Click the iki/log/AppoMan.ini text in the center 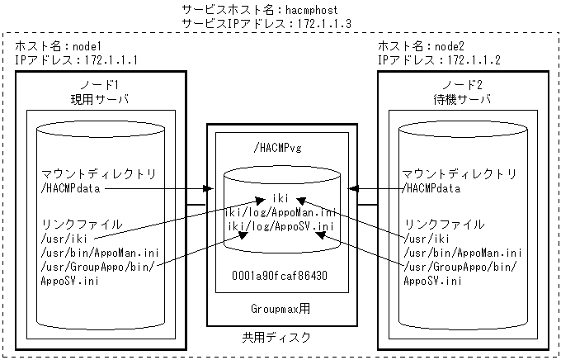point(280,212)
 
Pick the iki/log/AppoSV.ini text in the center point(280,226)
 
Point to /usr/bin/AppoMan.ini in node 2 point(462,253)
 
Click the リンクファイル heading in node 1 point(81,225)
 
